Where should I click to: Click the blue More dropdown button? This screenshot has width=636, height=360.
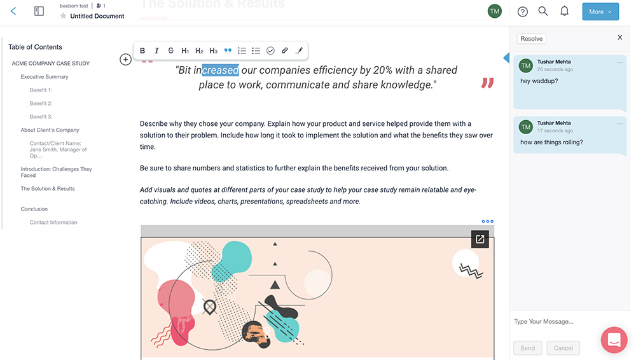pyautogui.click(x=600, y=11)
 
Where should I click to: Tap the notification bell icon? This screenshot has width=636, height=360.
pyautogui.click(x=564, y=11)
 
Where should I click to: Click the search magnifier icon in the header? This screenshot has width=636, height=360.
pyautogui.click(x=543, y=11)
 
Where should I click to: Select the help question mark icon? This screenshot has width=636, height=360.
pyautogui.click(x=523, y=11)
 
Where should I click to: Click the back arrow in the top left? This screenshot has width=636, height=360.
pyautogui.click(x=13, y=11)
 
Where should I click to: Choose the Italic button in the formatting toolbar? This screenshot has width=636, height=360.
pyautogui.click(x=156, y=51)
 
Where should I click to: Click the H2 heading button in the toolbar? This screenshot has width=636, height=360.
pyautogui.click(x=199, y=51)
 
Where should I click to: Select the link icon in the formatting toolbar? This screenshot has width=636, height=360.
pyautogui.click(x=284, y=51)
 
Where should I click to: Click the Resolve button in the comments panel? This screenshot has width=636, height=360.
pyautogui.click(x=531, y=39)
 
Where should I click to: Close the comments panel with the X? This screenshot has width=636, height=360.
pyautogui.click(x=620, y=38)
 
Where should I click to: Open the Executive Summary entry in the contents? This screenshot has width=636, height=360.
pyautogui.click(x=45, y=77)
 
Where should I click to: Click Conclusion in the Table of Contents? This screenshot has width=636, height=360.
pyautogui.click(x=34, y=209)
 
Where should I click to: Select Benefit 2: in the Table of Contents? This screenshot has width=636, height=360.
pyautogui.click(x=41, y=104)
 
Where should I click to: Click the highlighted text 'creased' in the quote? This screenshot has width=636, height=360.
pyautogui.click(x=220, y=71)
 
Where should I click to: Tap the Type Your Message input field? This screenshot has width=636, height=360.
pyautogui.click(x=553, y=322)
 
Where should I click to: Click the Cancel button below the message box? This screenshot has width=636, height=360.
pyautogui.click(x=563, y=348)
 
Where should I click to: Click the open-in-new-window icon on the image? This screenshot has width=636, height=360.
pyautogui.click(x=480, y=239)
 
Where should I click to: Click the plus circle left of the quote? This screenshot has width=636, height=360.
pyautogui.click(x=125, y=60)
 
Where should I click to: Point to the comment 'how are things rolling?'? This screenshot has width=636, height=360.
pyautogui.click(x=551, y=142)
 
